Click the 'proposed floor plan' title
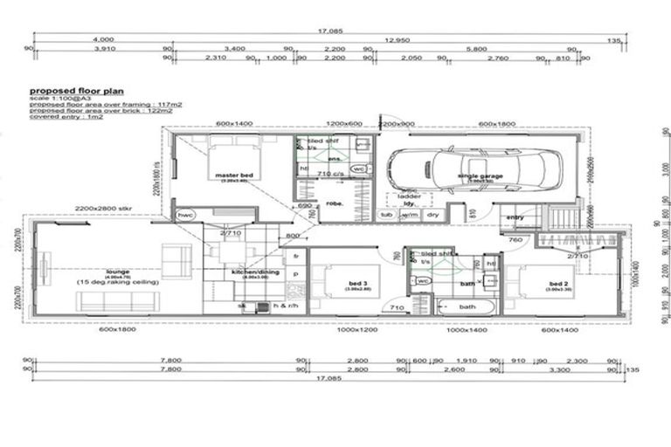click(77, 91)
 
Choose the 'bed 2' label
click(560, 285)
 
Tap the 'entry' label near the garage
click(515, 217)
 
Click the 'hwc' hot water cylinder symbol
click(185, 214)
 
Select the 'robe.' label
click(336, 206)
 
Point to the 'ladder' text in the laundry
click(409, 196)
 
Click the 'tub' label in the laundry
click(386, 214)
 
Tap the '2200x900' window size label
click(396, 124)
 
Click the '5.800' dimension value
click(476, 49)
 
